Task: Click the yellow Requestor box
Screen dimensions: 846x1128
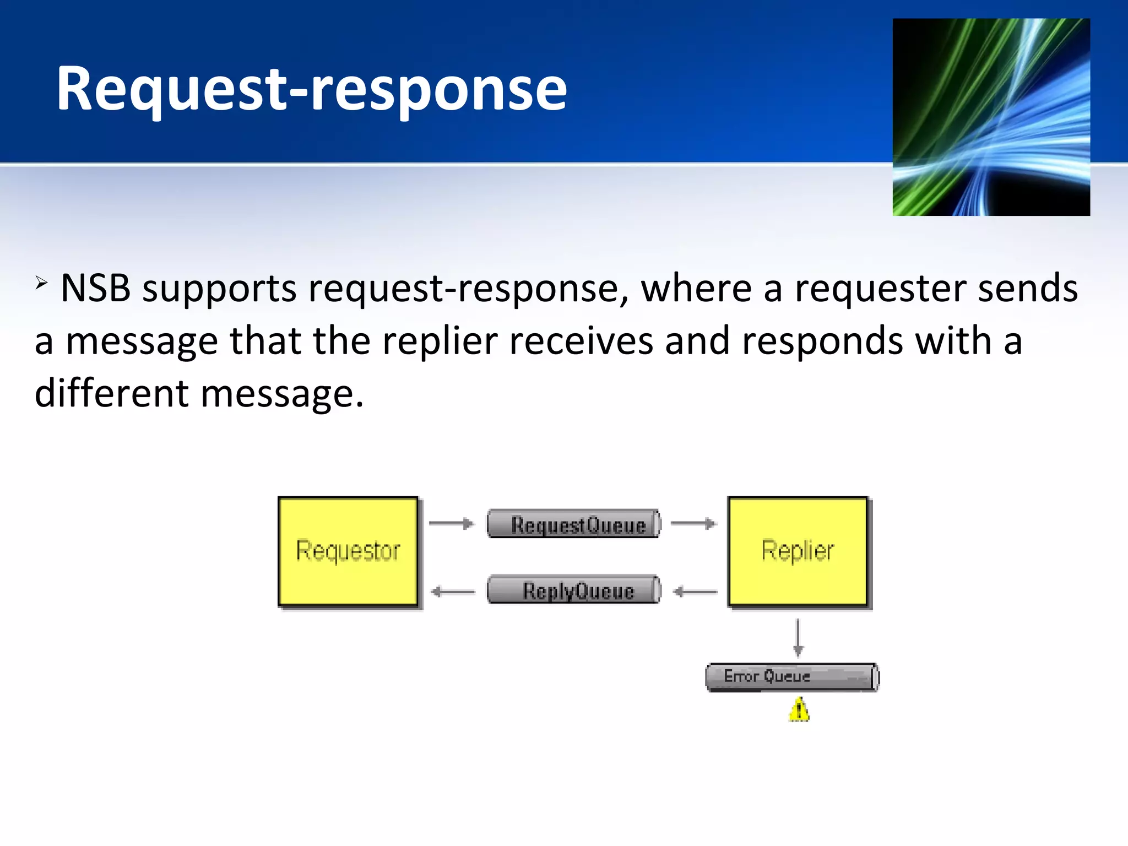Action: pos(348,551)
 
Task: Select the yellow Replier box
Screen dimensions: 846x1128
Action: pos(798,551)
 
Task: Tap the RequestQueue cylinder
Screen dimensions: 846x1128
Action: pos(574,524)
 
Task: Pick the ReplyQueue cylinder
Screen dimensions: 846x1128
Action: pos(574,590)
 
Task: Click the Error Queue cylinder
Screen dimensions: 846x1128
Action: pos(792,677)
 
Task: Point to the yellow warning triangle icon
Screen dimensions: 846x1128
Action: pos(799,710)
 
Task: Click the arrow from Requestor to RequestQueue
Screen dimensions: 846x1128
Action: pos(451,523)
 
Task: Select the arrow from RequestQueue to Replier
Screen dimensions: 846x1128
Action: pos(693,523)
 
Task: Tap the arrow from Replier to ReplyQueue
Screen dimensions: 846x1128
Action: pos(695,592)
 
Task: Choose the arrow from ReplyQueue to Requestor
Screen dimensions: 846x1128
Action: pos(452,592)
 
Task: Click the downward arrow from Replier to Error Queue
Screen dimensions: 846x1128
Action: pos(798,638)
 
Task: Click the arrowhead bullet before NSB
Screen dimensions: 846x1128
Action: pos(41,284)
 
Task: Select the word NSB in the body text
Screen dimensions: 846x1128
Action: pos(95,288)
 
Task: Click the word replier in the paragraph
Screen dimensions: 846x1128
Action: pos(440,341)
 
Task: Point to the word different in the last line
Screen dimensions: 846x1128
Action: pos(112,394)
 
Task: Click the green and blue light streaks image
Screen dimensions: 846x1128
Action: pos(991,117)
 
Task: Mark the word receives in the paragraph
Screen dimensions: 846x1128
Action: pos(581,341)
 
